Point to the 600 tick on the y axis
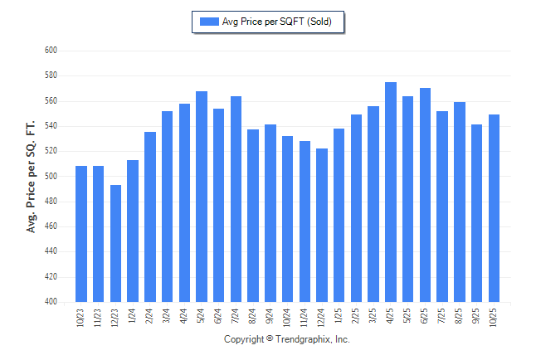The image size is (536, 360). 51,51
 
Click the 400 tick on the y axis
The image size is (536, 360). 51,302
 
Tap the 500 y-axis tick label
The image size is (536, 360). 51,177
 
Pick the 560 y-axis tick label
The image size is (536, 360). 51,101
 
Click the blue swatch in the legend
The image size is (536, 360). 208,22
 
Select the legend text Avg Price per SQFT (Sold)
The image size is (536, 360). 277,22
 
